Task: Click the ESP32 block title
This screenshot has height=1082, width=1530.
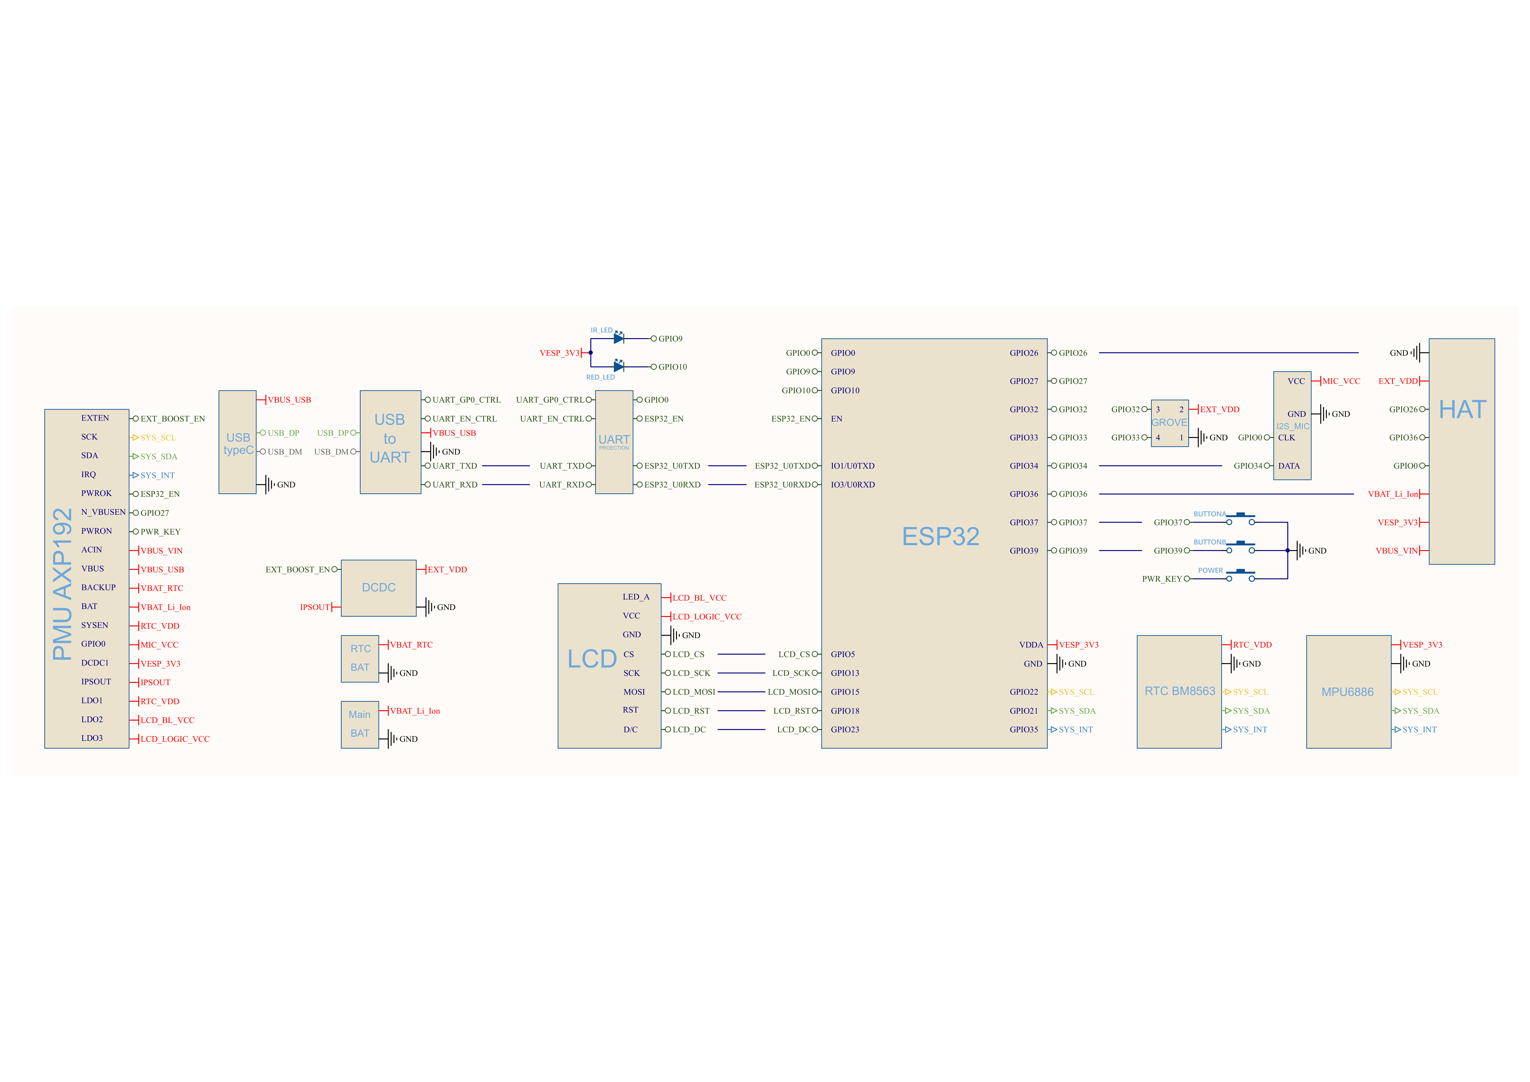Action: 940,536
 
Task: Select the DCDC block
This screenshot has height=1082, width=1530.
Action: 378,588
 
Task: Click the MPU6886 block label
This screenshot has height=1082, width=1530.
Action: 1347,692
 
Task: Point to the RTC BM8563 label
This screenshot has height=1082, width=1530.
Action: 1180,691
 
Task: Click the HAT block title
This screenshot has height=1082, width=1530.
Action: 1462,409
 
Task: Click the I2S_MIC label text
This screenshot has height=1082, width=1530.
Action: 1293,426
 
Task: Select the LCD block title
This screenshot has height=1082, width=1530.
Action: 592,659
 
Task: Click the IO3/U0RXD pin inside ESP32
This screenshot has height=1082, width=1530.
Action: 852,484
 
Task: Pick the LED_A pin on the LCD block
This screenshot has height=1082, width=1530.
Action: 636,597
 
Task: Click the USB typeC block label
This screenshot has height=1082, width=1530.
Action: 238,444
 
